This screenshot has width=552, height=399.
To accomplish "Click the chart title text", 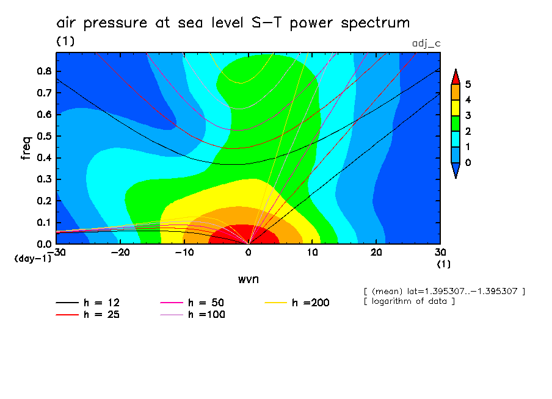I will pos(233,23).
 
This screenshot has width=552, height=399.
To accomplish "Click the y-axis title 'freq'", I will pos(26,148).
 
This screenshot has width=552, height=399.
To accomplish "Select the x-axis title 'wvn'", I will pos(248,279).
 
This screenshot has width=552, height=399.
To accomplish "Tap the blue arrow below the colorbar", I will pos(455,172).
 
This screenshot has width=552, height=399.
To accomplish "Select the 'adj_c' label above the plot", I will pos(426,43).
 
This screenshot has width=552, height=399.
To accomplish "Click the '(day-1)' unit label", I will pos(32,259).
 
